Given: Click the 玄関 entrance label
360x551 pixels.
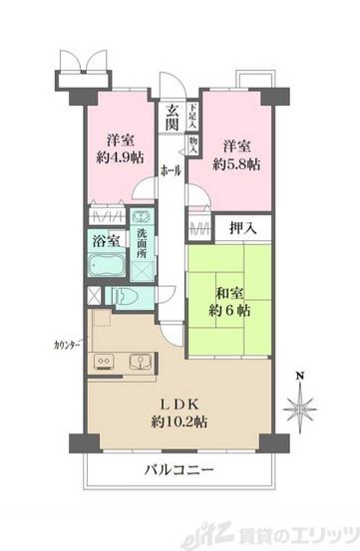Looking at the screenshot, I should coord(172,118).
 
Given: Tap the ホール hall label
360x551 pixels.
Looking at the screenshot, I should coord(172,171).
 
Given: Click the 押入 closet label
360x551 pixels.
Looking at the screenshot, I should coord(243,228).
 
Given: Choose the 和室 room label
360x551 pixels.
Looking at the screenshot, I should coord(230,293).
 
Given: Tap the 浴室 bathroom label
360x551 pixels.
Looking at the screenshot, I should coord(106,241).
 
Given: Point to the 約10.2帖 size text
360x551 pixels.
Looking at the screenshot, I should coord(180,422).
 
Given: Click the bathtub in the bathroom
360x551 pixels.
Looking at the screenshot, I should coord(108,266).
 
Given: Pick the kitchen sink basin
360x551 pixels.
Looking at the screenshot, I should coord(136,360).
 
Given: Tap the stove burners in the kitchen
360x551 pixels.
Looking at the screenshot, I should coord(101,360).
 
